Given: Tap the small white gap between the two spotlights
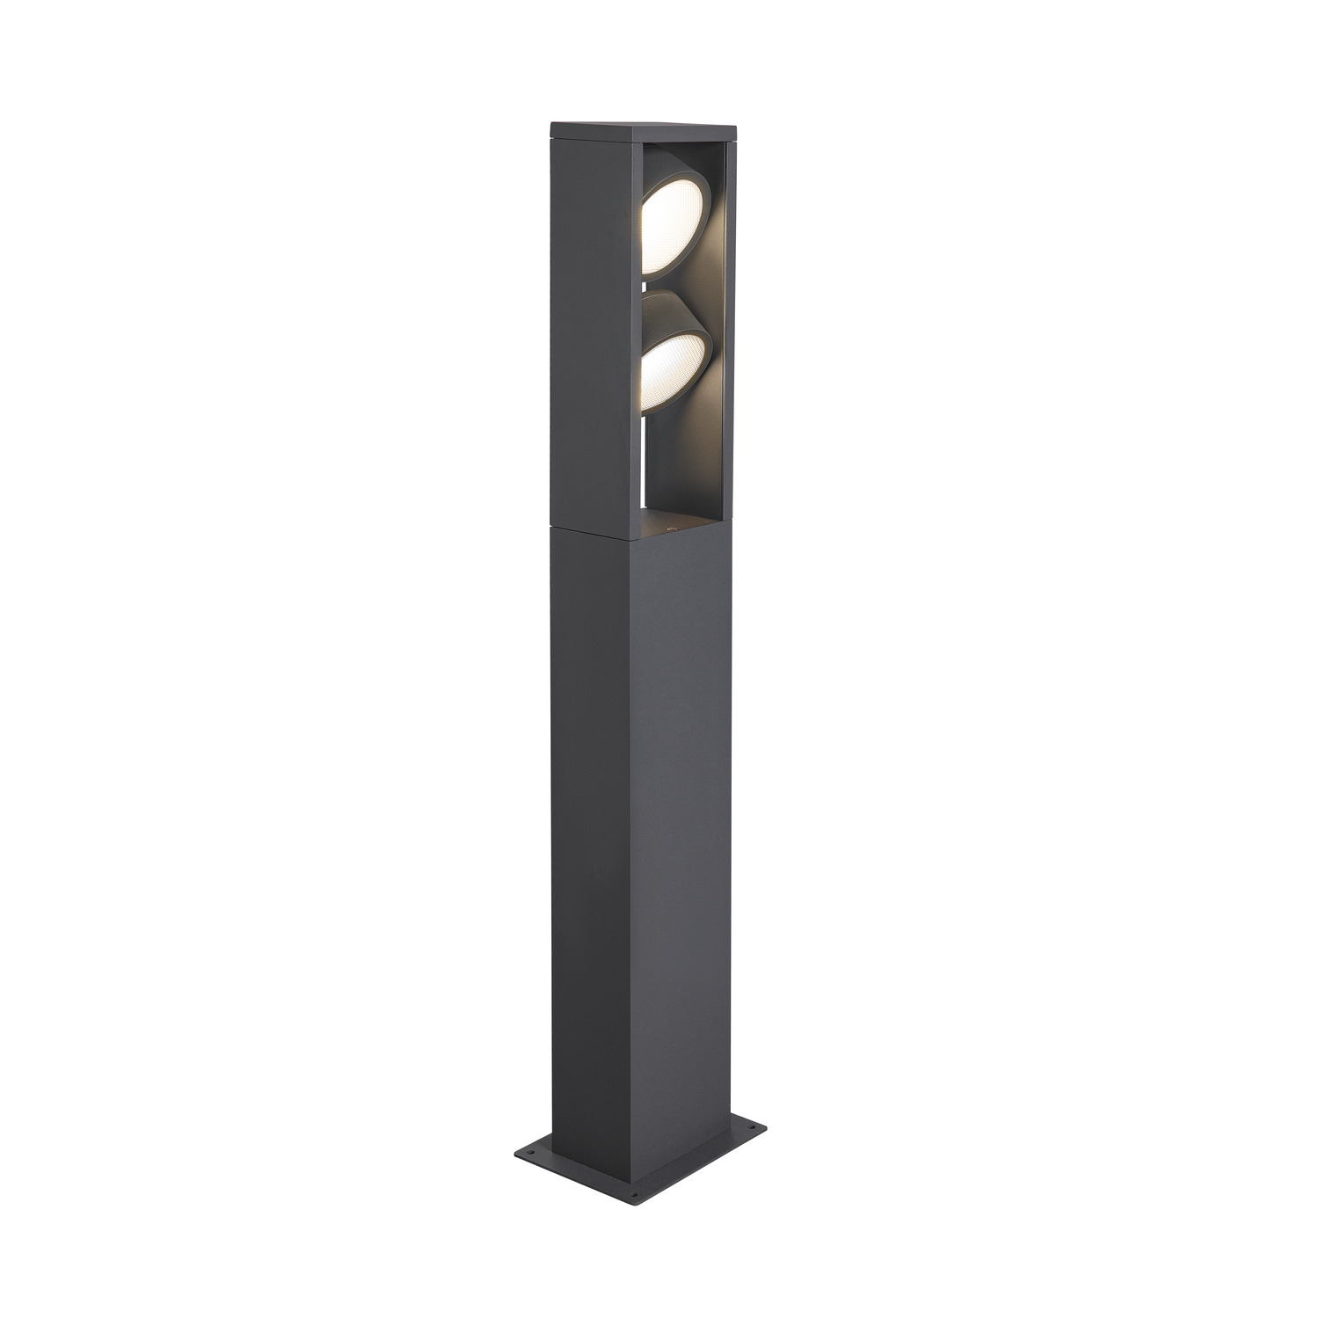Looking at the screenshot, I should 646,283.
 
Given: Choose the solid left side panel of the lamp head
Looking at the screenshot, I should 594,325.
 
